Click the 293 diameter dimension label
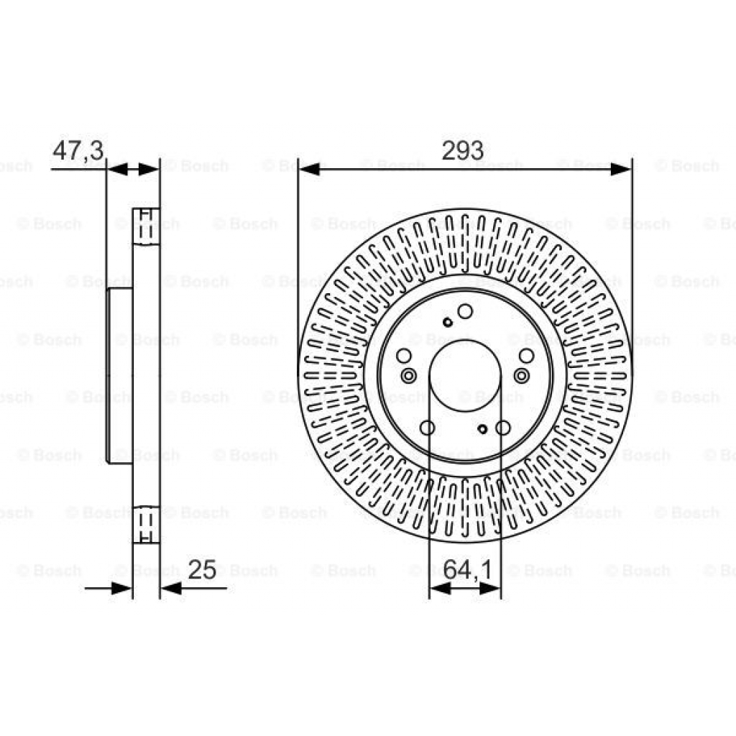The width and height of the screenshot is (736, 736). tap(463, 150)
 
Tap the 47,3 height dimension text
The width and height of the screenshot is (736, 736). tap(78, 150)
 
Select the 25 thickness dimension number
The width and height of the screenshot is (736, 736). tap(202, 570)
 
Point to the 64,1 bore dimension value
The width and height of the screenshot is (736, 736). tap(467, 570)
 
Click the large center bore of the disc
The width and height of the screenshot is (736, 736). tap(465, 375)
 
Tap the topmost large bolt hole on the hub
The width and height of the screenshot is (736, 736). tap(465, 310)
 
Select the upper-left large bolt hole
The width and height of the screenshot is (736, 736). tap(404, 356)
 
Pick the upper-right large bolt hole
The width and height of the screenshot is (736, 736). tap(527, 356)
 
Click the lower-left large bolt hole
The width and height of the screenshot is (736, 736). tap(427, 428)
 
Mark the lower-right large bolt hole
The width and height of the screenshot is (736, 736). tap(503, 428)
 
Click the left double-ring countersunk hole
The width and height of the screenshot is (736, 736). tap(409, 375)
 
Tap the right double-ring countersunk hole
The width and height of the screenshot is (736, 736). tap(521, 375)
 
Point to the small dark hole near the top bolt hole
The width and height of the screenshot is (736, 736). tap(448, 321)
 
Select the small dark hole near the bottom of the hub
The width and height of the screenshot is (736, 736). tap(483, 430)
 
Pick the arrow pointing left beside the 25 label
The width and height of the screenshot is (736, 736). tap(171, 589)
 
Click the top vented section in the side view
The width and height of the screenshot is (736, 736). tap(147, 226)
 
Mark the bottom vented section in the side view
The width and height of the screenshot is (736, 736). tap(147, 525)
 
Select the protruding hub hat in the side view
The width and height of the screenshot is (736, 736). tap(119, 375)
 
